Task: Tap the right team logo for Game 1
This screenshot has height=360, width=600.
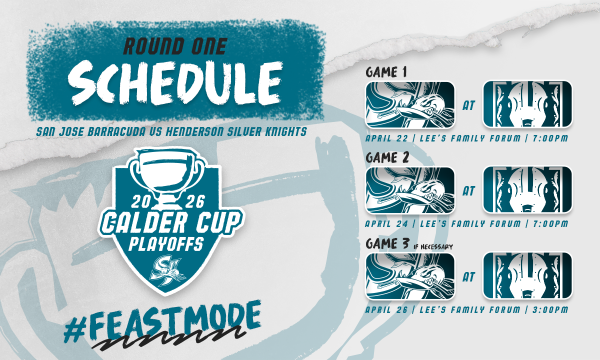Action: click(528, 103)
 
